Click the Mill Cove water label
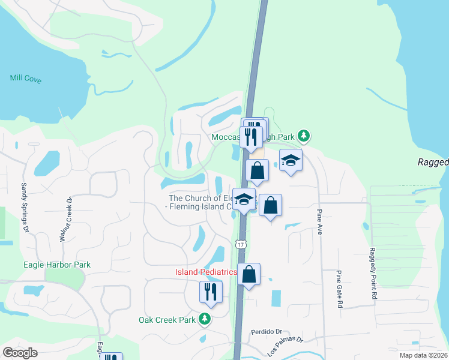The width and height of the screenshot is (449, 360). (x=26, y=79)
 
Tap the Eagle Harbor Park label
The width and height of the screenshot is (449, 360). (x=57, y=264)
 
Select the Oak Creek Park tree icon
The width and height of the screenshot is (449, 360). (x=205, y=320)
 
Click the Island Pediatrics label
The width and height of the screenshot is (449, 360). (x=206, y=272)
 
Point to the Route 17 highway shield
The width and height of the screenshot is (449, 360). (x=241, y=244)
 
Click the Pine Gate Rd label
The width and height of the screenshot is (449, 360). (x=339, y=289)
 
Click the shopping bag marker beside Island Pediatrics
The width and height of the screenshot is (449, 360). (x=249, y=274)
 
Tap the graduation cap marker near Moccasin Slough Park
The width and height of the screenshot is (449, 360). (x=291, y=160)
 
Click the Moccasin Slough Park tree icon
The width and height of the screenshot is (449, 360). (x=304, y=136)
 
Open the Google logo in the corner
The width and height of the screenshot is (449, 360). (x=20, y=352)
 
